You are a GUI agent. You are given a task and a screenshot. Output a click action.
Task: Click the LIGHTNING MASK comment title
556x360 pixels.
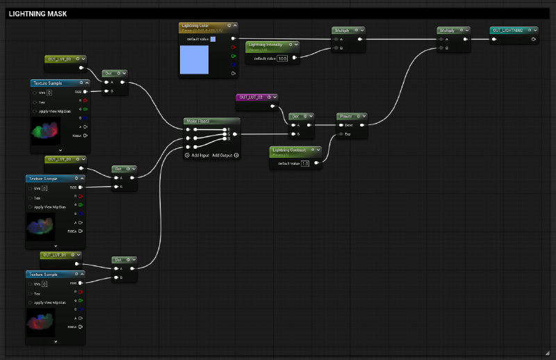pyautogui.click(x=38, y=13)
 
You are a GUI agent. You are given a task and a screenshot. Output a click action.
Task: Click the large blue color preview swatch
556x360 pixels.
pyautogui.click(x=198, y=60)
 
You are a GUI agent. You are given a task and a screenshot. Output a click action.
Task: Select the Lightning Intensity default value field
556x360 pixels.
pyautogui.click(x=281, y=58)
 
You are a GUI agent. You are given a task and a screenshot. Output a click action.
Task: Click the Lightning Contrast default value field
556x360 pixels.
pyautogui.click(x=304, y=163)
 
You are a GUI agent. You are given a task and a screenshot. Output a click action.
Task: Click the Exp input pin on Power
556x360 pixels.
pyautogui.click(x=341, y=133)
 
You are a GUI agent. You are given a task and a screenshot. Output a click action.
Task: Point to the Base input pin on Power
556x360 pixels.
pyautogui.click(x=341, y=125)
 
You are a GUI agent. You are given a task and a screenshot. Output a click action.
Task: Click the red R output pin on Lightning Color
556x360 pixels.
pyautogui.click(x=232, y=47)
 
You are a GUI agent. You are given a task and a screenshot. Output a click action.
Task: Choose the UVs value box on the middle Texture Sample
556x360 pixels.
pyautogui.click(x=44, y=188)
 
